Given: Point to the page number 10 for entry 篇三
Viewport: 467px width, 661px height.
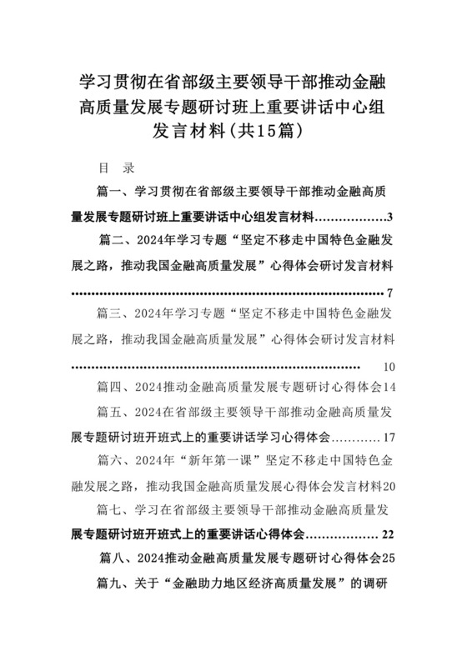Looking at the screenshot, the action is pyautogui.click(x=390, y=367).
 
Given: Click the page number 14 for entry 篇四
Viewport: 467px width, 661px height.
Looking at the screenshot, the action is pyautogui.click(x=389, y=388).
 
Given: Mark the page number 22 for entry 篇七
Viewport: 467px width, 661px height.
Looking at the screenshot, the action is pyautogui.click(x=389, y=533).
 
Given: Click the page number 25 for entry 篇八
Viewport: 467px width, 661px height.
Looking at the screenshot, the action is pyautogui.click(x=389, y=556).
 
